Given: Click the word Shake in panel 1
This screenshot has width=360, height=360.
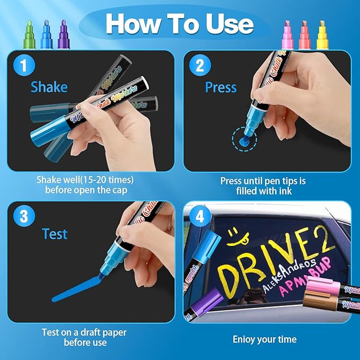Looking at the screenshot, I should tap(49, 86).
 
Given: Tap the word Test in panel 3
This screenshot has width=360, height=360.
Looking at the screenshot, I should tap(56, 234).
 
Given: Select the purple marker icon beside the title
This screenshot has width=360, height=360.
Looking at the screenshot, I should tap(64, 32).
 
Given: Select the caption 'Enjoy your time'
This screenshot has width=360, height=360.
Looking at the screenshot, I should tap(265, 339).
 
